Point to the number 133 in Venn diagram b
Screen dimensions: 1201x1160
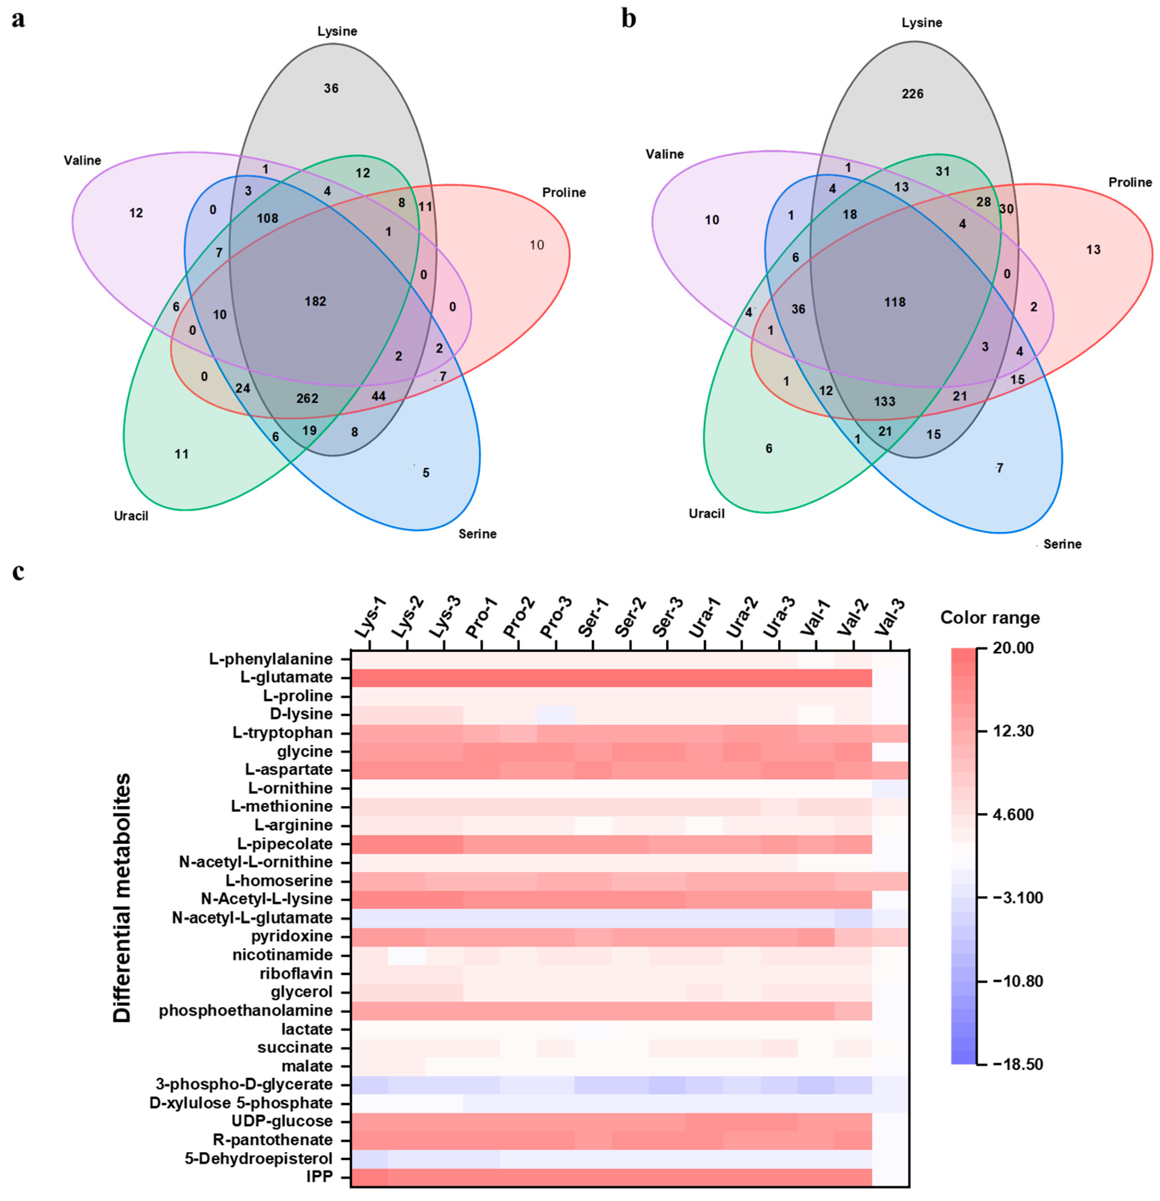point(884,401)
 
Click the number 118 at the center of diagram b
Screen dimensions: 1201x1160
point(895,302)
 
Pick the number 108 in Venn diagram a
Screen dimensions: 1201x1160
point(267,218)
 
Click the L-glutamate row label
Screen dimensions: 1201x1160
point(287,678)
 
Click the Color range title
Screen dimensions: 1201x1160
point(990,618)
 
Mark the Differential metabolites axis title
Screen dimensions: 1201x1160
point(122,898)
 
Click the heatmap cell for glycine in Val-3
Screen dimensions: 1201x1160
point(890,751)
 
